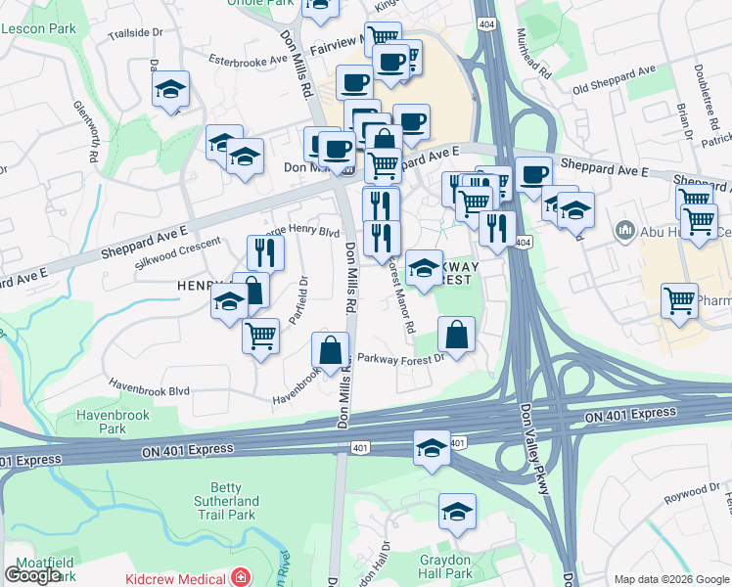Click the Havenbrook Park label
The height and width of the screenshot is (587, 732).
113,422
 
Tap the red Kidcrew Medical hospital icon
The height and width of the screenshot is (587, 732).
239,577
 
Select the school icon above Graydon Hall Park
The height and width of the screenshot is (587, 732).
456,511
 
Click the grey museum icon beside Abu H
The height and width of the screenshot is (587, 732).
625,232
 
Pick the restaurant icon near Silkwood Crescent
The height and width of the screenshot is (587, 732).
265,250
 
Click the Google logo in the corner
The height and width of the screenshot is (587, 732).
32,575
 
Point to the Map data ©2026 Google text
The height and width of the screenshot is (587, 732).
671,579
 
